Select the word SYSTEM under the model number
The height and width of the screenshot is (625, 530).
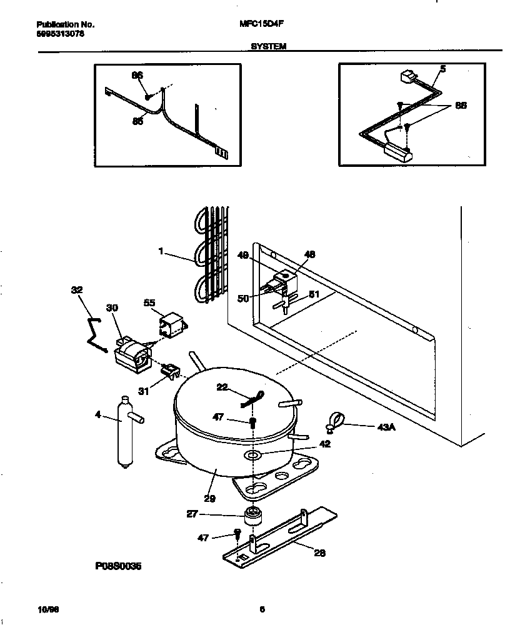[x=269, y=46]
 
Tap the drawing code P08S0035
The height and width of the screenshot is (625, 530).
[x=119, y=565]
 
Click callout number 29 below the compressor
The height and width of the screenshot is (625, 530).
[x=209, y=498]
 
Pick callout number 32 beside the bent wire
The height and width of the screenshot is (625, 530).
[x=77, y=289]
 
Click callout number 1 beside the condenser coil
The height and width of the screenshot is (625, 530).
[x=161, y=251]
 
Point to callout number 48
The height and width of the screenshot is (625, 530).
[x=310, y=254]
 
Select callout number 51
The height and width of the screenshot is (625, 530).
[x=314, y=295]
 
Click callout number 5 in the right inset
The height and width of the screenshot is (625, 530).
[x=442, y=69]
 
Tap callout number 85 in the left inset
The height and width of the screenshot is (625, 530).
[x=137, y=121]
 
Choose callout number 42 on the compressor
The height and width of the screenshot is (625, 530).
[x=324, y=444]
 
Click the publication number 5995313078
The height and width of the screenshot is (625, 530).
[x=57, y=34]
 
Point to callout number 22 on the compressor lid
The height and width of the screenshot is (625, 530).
[x=222, y=388]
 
